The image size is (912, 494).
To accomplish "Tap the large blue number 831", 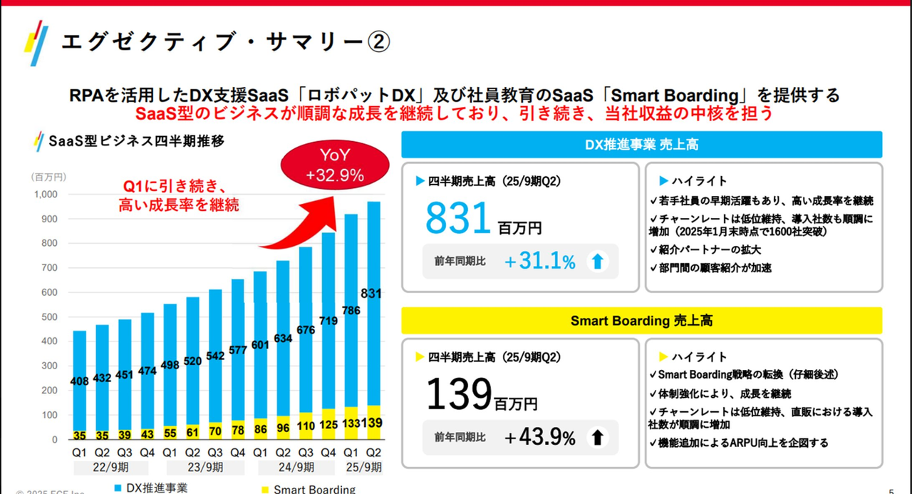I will pyautogui.click(x=459, y=219).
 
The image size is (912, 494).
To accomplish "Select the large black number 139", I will pyautogui.click(x=459, y=393).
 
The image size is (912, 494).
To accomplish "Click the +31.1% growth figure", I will pyautogui.click(x=539, y=262).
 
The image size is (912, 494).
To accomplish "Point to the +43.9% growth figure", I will pyautogui.click(x=539, y=438).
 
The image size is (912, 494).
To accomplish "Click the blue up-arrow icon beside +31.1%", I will pyautogui.click(x=598, y=262).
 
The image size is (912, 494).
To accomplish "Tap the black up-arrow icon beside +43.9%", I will pyautogui.click(x=598, y=438).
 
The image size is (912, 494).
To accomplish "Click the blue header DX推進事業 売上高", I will pyautogui.click(x=641, y=144).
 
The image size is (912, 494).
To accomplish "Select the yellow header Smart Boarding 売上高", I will pyautogui.click(x=641, y=321).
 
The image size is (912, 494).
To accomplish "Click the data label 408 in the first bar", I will pyautogui.click(x=80, y=381).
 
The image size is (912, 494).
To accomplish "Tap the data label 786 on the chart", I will pyautogui.click(x=351, y=310).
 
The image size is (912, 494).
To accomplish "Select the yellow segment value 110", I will pyautogui.click(x=305, y=426).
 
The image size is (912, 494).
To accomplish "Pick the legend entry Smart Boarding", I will pyautogui.click(x=313, y=489).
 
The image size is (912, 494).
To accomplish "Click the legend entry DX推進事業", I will pyautogui.click(x=155, y=488).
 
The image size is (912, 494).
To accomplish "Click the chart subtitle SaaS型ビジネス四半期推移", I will pyautogui.click(x=136, y=140).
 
